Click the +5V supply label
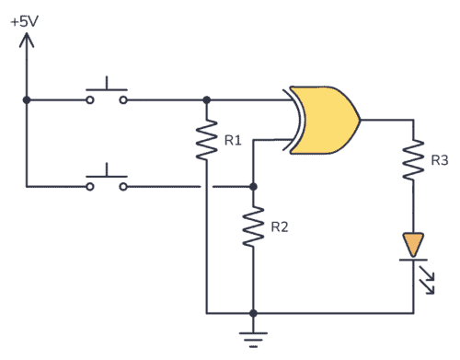coord(25,19)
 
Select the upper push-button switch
coord(107,95)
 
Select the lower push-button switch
coord(107,180)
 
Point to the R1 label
coord(232,140)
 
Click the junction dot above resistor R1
coord(206,99)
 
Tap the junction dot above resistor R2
coord(254,185)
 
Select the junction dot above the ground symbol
coord(254,313)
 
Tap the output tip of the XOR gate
coord(360,119)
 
